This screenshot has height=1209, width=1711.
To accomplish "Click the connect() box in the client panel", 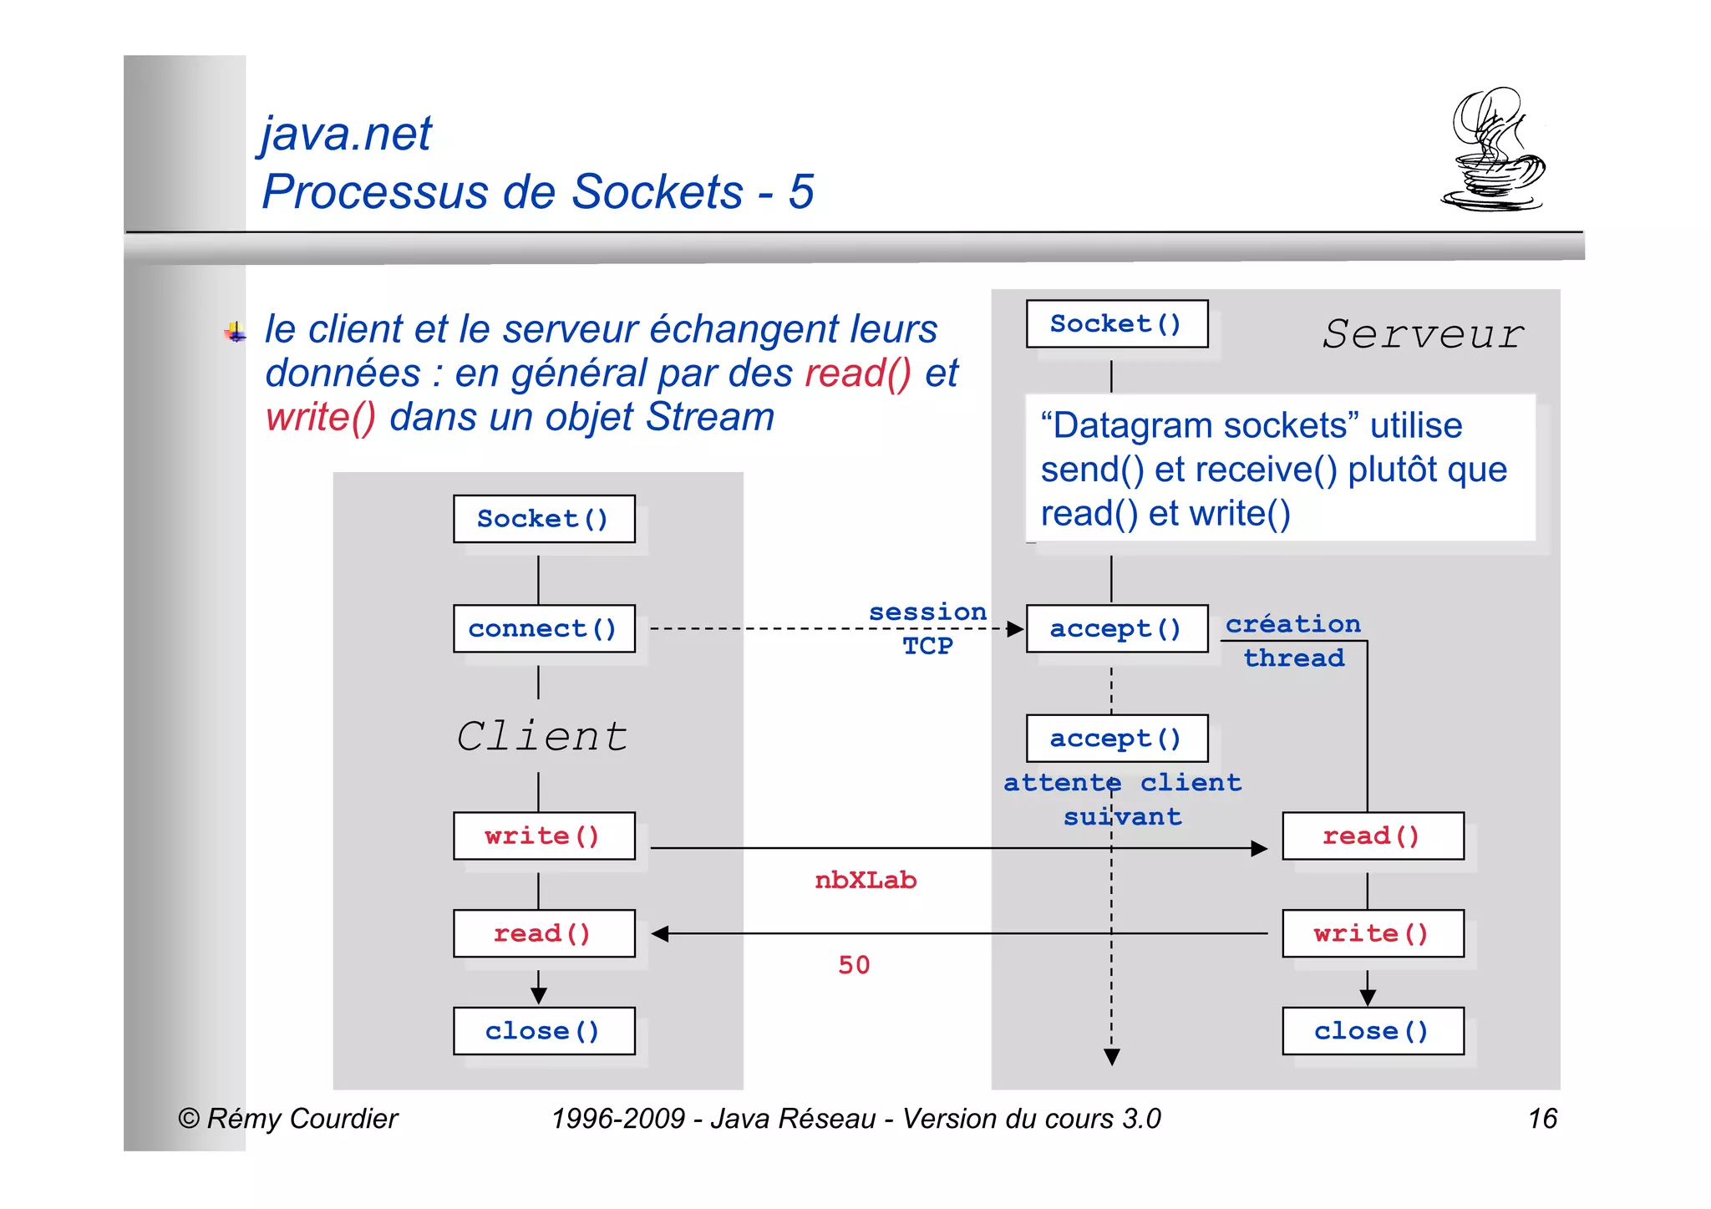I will pos(544,628).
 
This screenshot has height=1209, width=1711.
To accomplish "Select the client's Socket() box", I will pos(544,519).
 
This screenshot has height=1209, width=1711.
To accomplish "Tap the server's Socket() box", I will pos(1116,323).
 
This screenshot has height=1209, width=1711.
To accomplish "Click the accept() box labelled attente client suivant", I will pos(1116,738).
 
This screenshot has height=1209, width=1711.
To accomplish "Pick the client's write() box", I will pos(544,836).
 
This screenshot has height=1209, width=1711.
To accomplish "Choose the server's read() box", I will pos(1373,836).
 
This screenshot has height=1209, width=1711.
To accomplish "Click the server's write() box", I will pos(1373,933).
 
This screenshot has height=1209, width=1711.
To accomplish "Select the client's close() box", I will pos(544,1031).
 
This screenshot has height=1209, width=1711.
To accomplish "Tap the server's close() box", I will pos(1373,1031).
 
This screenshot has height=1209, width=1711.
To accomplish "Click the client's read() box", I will pos(544,933).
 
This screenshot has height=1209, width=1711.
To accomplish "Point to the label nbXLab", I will pos(866,881).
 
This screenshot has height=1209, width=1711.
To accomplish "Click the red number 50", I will pos(854,965).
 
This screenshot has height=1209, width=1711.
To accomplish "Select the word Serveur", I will pos(1424,334).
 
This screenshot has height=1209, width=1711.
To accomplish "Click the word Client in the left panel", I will pos(542,737).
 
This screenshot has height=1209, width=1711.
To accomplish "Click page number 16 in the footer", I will pos(1542,1118).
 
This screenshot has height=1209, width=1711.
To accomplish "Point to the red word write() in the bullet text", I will pos(321,417).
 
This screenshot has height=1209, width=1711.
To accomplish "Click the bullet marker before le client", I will pos(236,333).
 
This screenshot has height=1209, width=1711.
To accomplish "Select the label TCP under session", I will pos(927,646).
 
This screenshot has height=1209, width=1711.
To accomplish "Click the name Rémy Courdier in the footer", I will pos(302,1118).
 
